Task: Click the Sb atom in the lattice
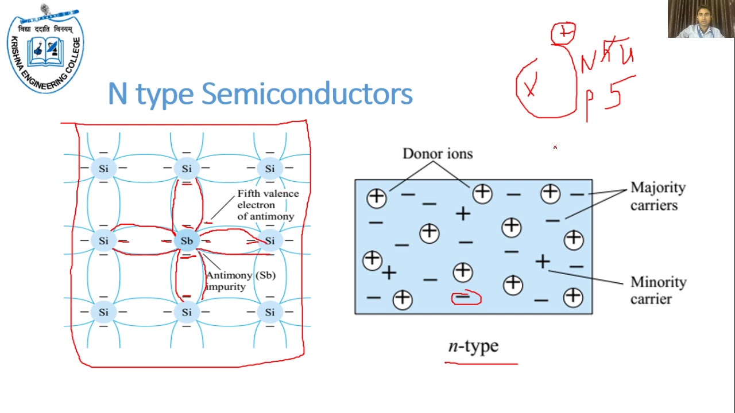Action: [187, 241]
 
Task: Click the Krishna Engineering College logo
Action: [45, 50]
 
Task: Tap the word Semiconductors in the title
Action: [307, 94]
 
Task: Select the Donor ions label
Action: [437, 154]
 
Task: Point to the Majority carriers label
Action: [657, 196]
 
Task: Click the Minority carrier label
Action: [658, 290]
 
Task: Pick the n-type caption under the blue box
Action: [473, 346]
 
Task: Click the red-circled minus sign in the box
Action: [466, 298]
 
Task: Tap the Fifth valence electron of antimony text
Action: [268, 205]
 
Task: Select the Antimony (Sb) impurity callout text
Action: [241, 280]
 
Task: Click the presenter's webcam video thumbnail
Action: [701, 20]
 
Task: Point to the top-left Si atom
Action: [103, 169]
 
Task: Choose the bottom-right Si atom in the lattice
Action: [269, 313]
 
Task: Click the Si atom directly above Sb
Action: [187, 169]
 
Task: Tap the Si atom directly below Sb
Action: [187, 313]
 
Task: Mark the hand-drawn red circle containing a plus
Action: [563, 34]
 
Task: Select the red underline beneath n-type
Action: [481, 363]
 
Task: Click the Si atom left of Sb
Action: [103, 241]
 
